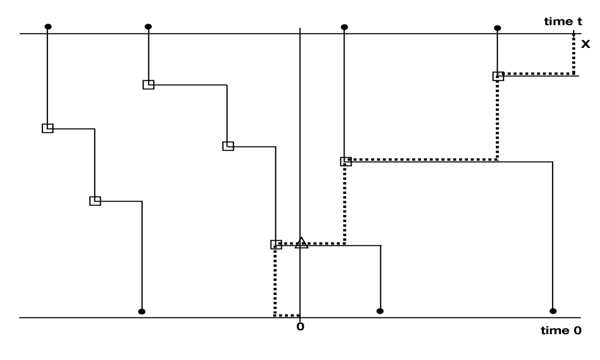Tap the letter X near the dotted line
click(585, 44)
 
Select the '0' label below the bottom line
click(300, 326)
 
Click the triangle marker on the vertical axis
click(301, 243)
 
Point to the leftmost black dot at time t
click(48, 26)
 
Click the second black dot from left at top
click(148, 26)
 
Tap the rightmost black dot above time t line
click(498, 28)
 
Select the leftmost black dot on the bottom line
click(142, 312)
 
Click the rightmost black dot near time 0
click(553, 311)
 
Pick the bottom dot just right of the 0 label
click(380, 311)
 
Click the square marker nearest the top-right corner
click(498, 77)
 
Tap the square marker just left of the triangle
click(276, 244)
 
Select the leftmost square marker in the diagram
click(48, 128)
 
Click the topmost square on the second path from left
click(148, 85)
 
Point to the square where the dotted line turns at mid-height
click(346, 161)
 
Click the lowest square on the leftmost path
click(95, 201)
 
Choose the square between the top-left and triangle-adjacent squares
click(228, 146)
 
